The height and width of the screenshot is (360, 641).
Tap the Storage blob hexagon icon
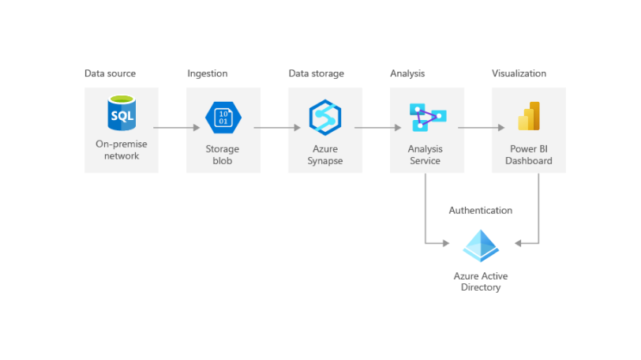pyautogui.click(x=223, y=118)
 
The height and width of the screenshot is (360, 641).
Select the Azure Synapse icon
pyautogui.click(x=324, y=118)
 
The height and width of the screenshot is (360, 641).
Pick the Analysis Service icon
pyautogui.click(x=427, y=117)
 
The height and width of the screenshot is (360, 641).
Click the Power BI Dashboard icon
pyautogui.click(x=529, y=116)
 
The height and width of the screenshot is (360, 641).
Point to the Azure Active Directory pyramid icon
pyautogui.click(x=481, y=246)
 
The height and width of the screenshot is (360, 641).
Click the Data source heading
pyautogui.click(x=110, y=73)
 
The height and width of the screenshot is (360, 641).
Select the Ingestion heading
pyautogui.click(x=207, y=73)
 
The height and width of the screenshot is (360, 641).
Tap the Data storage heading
pyautogui.click(x=316, y=73)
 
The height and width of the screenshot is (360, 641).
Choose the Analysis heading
pyautogui.click(x=407, y=73)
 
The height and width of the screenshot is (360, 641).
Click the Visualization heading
pyautogui.click(x=519, y=73)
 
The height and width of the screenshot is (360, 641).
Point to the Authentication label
pyautogui.click(x=480, y=210)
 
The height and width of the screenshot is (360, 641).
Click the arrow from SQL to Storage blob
pyautogui.click(x=176, y=127)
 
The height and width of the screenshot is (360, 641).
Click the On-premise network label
pyautogui.click(x=122, y=150)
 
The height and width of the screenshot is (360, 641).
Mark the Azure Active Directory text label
pyautogui.click(x=481, y=282)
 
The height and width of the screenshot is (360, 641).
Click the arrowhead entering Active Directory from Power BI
pyautogui.click(x=519, y=243)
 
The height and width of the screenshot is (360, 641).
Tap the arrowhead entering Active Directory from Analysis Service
pyautogui.click(x=445, y=243)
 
